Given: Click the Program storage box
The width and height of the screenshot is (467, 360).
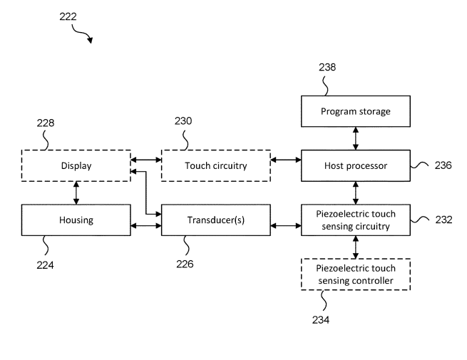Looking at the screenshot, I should pyautogui.click(x=355, y=111).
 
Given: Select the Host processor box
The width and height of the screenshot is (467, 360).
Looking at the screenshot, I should pyautogui.click(x=355, y=165).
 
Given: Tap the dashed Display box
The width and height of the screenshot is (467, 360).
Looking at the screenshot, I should pyautogui.click(x=76, y=165).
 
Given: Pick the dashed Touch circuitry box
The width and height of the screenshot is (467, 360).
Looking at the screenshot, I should pyautogui.click(x=215, y=165).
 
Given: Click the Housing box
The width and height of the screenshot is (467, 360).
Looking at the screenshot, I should pyautogui.click(x=76, y=220).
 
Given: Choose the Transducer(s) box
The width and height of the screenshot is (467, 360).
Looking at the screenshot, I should pyautogui.click(x=215, y=220).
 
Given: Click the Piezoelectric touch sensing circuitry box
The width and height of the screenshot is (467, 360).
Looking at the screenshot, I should pyautogui.click(x=355, y=220).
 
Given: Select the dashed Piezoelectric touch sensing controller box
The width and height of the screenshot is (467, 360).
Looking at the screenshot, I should pyautogui.click(x=355, y=274).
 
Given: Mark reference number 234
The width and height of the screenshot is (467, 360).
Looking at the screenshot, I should pyautogui.click(x=320, y=319).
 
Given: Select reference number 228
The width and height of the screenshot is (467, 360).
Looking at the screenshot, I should pyautogui.click(x=46, y=122).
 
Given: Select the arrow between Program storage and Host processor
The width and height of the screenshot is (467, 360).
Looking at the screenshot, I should pyautogui.click(x=355, y=138).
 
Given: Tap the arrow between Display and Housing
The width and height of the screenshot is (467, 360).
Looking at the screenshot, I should pyautogui.click(x=76, y=192).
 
